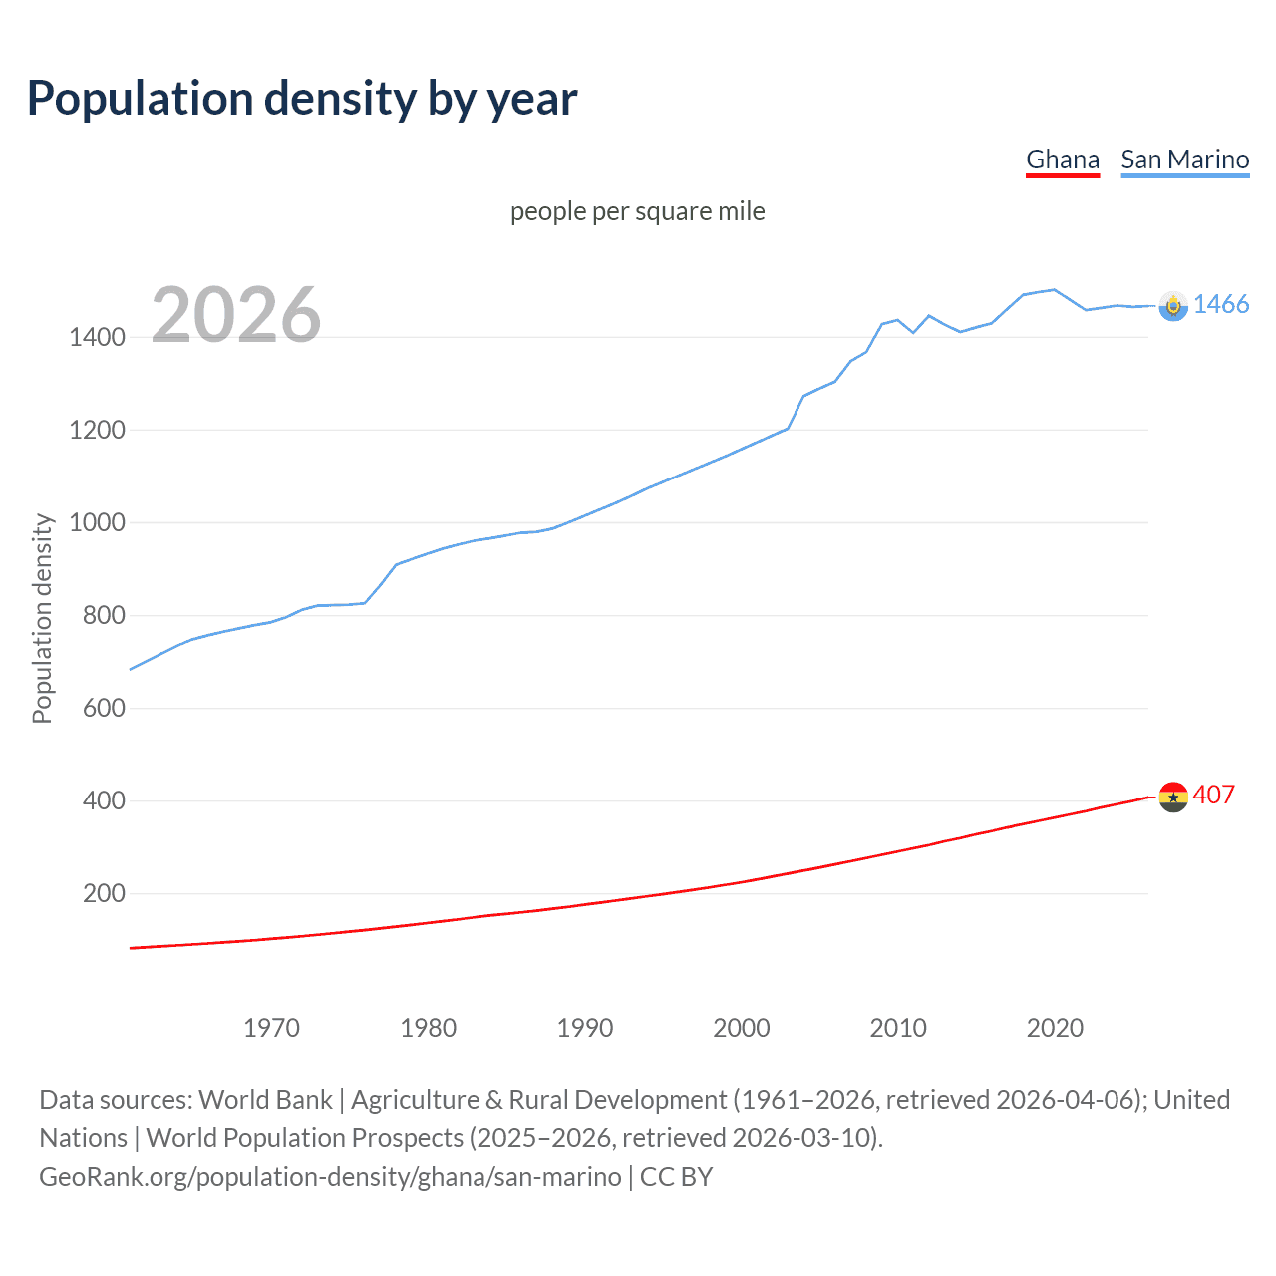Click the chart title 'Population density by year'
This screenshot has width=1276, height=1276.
(x=302, y=99)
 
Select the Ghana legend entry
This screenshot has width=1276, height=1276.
(x=1063, y=159)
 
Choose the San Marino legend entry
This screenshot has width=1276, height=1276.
(x=1184, y=159)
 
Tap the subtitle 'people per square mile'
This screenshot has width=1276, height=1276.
(x=637, y=211)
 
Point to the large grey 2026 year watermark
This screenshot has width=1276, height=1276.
(x=236, y=315)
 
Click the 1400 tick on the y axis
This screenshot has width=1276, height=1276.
(x=97, y=337)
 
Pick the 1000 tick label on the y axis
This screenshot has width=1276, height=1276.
(x=97, y=522)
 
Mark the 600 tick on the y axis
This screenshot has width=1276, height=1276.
(x=104, y=708)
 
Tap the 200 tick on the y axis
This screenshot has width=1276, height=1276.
(x=104, y=893)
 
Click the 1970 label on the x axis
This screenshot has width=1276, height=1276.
(x=271, y=1028)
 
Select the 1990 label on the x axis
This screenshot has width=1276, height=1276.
(x=585, y=1028)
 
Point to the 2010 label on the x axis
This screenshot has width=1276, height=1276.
(x=898, y=1028)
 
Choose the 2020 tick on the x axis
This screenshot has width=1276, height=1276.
(x=1055, y=1028)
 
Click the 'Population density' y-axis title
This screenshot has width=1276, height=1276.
(x=42, y=618)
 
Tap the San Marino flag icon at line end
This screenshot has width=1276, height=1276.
(x=1173, y=306)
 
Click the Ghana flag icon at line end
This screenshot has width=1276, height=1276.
(x=1173, y=797)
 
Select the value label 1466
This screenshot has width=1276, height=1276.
(x=1221, y=304)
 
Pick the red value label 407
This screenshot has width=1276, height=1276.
(x=1213, y=795)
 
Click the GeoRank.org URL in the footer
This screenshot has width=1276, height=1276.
(x=330, y=1177)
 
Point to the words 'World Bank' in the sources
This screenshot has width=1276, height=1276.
(x=265, y=1100)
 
